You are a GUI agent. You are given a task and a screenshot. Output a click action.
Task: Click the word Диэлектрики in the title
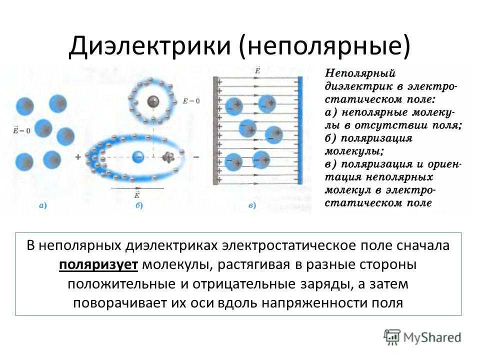pos(149,46)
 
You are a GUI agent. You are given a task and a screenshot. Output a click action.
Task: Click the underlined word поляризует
pos(98,265)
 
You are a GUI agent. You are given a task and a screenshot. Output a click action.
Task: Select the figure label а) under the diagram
pos(43,205)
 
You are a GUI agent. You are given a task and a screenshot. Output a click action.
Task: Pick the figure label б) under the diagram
pos(139,205)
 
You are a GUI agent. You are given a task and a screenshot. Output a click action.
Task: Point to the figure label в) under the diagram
pos(252,205)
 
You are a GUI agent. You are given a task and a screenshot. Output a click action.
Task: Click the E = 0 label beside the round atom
pos(191,101)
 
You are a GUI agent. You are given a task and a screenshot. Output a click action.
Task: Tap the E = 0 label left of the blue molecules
pos(21,130)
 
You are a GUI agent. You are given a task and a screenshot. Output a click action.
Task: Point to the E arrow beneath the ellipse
pos(137,187)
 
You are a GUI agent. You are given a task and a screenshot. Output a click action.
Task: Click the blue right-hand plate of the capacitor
pos(300,130)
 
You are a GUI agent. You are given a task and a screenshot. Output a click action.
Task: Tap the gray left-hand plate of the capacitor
pos(215,130)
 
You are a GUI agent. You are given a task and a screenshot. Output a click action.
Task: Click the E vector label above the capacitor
pos(257,70)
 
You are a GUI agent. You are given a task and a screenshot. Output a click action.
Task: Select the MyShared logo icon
pos(392,337)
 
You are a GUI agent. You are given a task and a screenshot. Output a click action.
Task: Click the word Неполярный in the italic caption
pos(360,73)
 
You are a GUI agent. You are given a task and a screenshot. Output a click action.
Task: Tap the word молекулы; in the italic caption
pos(354,151)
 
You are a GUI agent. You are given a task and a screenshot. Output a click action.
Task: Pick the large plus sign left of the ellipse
pos(78,157)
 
